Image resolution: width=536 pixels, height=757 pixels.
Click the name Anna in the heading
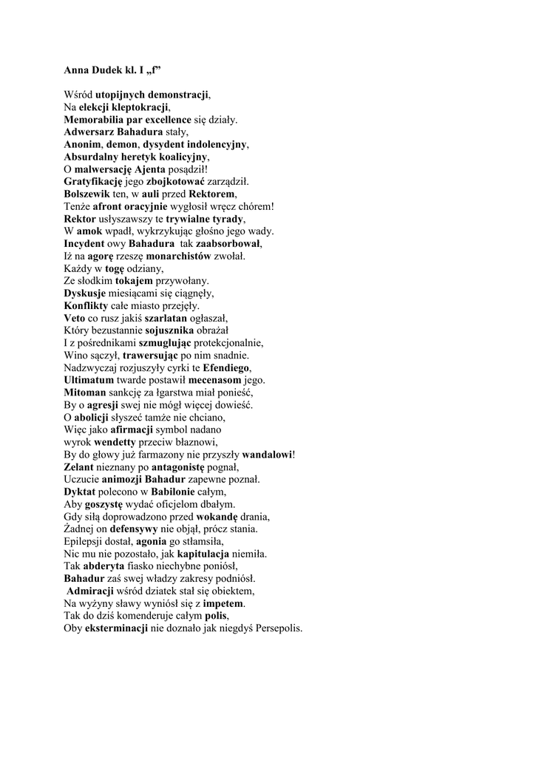point(76,72)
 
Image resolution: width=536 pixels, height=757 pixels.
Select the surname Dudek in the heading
point(107,72)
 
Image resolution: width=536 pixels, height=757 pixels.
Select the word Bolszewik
point(88,194)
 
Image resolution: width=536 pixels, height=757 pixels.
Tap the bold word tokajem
point(134,281)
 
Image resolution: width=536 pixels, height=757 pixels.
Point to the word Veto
point(75,318)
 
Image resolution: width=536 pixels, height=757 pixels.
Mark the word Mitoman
point(86,393)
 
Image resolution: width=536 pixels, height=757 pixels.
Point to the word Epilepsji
point(85,542)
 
